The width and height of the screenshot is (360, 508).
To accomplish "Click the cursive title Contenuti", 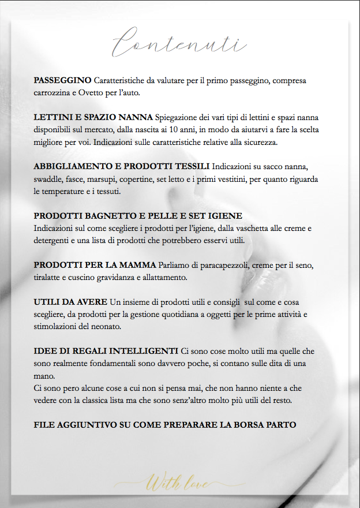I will click(x=179, y=42).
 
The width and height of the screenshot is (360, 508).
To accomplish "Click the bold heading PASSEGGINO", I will click(x=62, y=80).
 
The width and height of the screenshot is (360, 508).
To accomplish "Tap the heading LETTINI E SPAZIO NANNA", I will click(x=93, y=117).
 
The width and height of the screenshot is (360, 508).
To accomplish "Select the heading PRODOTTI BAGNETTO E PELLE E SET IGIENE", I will click(x=138, y=216).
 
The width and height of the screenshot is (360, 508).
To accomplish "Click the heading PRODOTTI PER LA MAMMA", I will click(x=95, y=265).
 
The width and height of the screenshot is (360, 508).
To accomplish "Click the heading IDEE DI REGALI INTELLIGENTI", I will click(x=106, y=351).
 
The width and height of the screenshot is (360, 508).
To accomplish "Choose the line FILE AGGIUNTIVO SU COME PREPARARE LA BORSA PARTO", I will click(x=164, y=425).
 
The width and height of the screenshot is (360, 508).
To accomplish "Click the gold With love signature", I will click(x=178, y=481).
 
